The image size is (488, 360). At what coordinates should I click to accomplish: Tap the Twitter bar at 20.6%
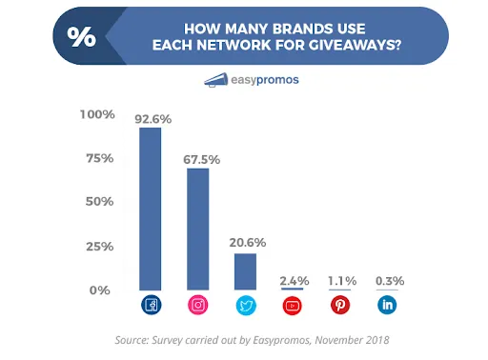245,270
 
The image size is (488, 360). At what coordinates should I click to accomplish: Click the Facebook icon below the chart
151,306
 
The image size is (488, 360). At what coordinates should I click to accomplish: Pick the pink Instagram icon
197,306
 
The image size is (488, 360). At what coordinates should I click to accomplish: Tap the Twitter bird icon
245,306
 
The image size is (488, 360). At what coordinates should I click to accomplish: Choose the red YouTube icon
292,306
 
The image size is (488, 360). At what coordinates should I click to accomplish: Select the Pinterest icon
340,306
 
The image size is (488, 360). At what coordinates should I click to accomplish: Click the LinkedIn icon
388,306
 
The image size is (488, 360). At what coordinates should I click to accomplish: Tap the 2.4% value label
294,280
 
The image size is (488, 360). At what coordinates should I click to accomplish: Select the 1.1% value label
341,280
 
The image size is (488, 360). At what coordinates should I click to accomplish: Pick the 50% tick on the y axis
98,202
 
